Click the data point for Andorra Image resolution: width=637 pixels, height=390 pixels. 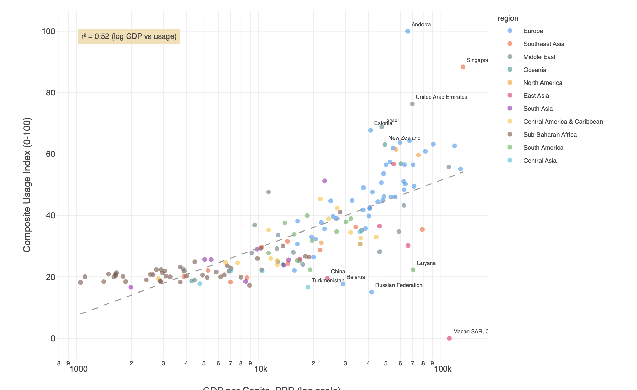point(408,31)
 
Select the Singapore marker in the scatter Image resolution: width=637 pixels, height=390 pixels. point(463,67)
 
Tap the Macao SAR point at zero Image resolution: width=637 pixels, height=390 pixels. point(449,338)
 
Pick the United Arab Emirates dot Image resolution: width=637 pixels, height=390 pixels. point(412,104)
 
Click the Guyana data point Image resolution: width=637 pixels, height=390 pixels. point(413,270)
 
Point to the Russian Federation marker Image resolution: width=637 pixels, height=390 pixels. point(371,292)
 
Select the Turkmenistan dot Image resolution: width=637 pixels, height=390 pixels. point(308,287)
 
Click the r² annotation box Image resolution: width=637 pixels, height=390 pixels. point(129,36)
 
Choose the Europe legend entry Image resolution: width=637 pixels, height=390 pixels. point(533,31)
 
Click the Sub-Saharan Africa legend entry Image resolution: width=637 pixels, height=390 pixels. point(550,135)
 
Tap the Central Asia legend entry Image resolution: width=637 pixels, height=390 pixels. point(539,161)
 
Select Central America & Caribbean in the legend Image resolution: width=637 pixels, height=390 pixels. point(563,122)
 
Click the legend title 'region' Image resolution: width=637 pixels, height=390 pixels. point(507,18)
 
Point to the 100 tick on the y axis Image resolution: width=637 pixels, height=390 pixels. point(48,31)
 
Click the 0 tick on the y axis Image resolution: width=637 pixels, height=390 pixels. point(53,338)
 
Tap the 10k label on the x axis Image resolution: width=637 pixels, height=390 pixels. point(261,369)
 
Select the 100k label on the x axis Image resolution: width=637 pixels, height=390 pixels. point(443,369)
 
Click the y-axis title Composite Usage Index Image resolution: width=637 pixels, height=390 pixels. point(27,185)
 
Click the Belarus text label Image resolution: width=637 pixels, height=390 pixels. point(356,277)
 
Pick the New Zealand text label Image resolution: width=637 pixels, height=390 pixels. point(404,138)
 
